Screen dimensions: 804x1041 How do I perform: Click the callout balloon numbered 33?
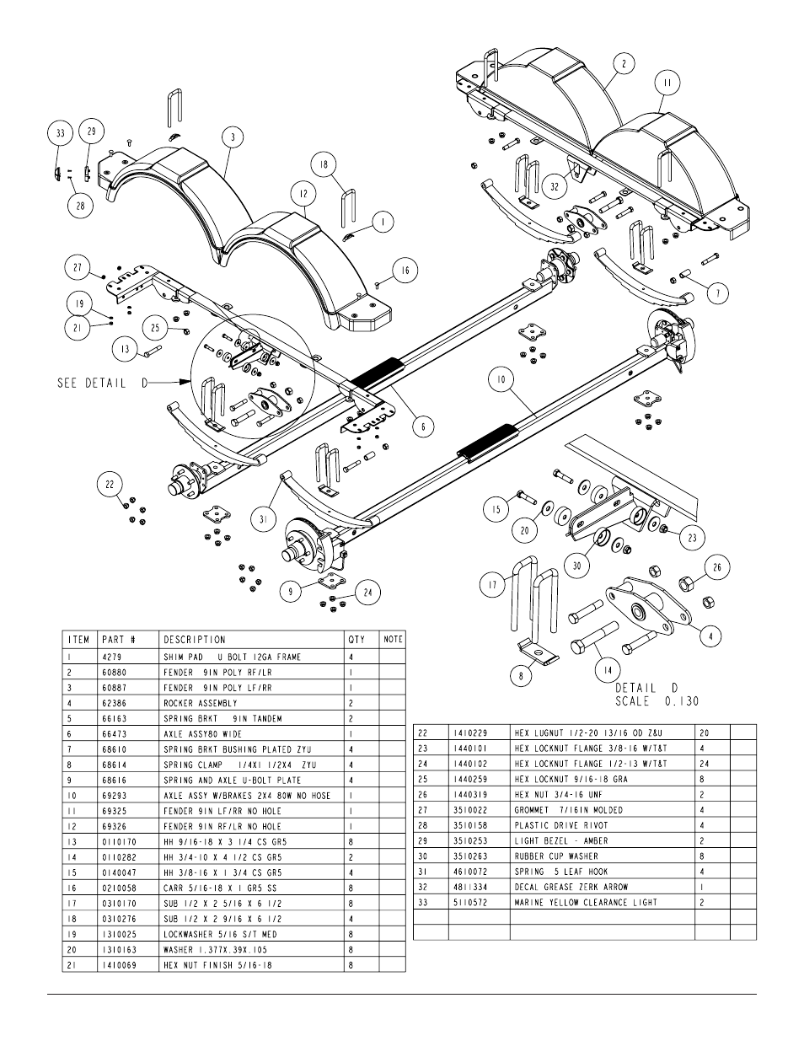61,133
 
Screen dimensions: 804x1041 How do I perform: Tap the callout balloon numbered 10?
501,379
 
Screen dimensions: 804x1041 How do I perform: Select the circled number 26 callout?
717,567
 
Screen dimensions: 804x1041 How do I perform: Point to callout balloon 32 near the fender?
555,186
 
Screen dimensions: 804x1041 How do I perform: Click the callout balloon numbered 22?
110,485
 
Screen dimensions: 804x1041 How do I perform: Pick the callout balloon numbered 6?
423,427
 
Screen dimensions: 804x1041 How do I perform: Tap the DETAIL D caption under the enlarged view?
646,688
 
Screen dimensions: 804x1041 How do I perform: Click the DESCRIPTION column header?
195,640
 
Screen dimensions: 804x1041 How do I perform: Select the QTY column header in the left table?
356,640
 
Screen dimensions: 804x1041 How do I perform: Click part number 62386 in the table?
115,703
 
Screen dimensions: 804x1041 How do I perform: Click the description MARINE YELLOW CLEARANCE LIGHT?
586,903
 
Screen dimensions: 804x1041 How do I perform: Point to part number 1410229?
471,733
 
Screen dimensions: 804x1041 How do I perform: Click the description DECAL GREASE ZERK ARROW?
571,888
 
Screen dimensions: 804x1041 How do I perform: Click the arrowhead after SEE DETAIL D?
185,382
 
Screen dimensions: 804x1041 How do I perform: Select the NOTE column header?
393,640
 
